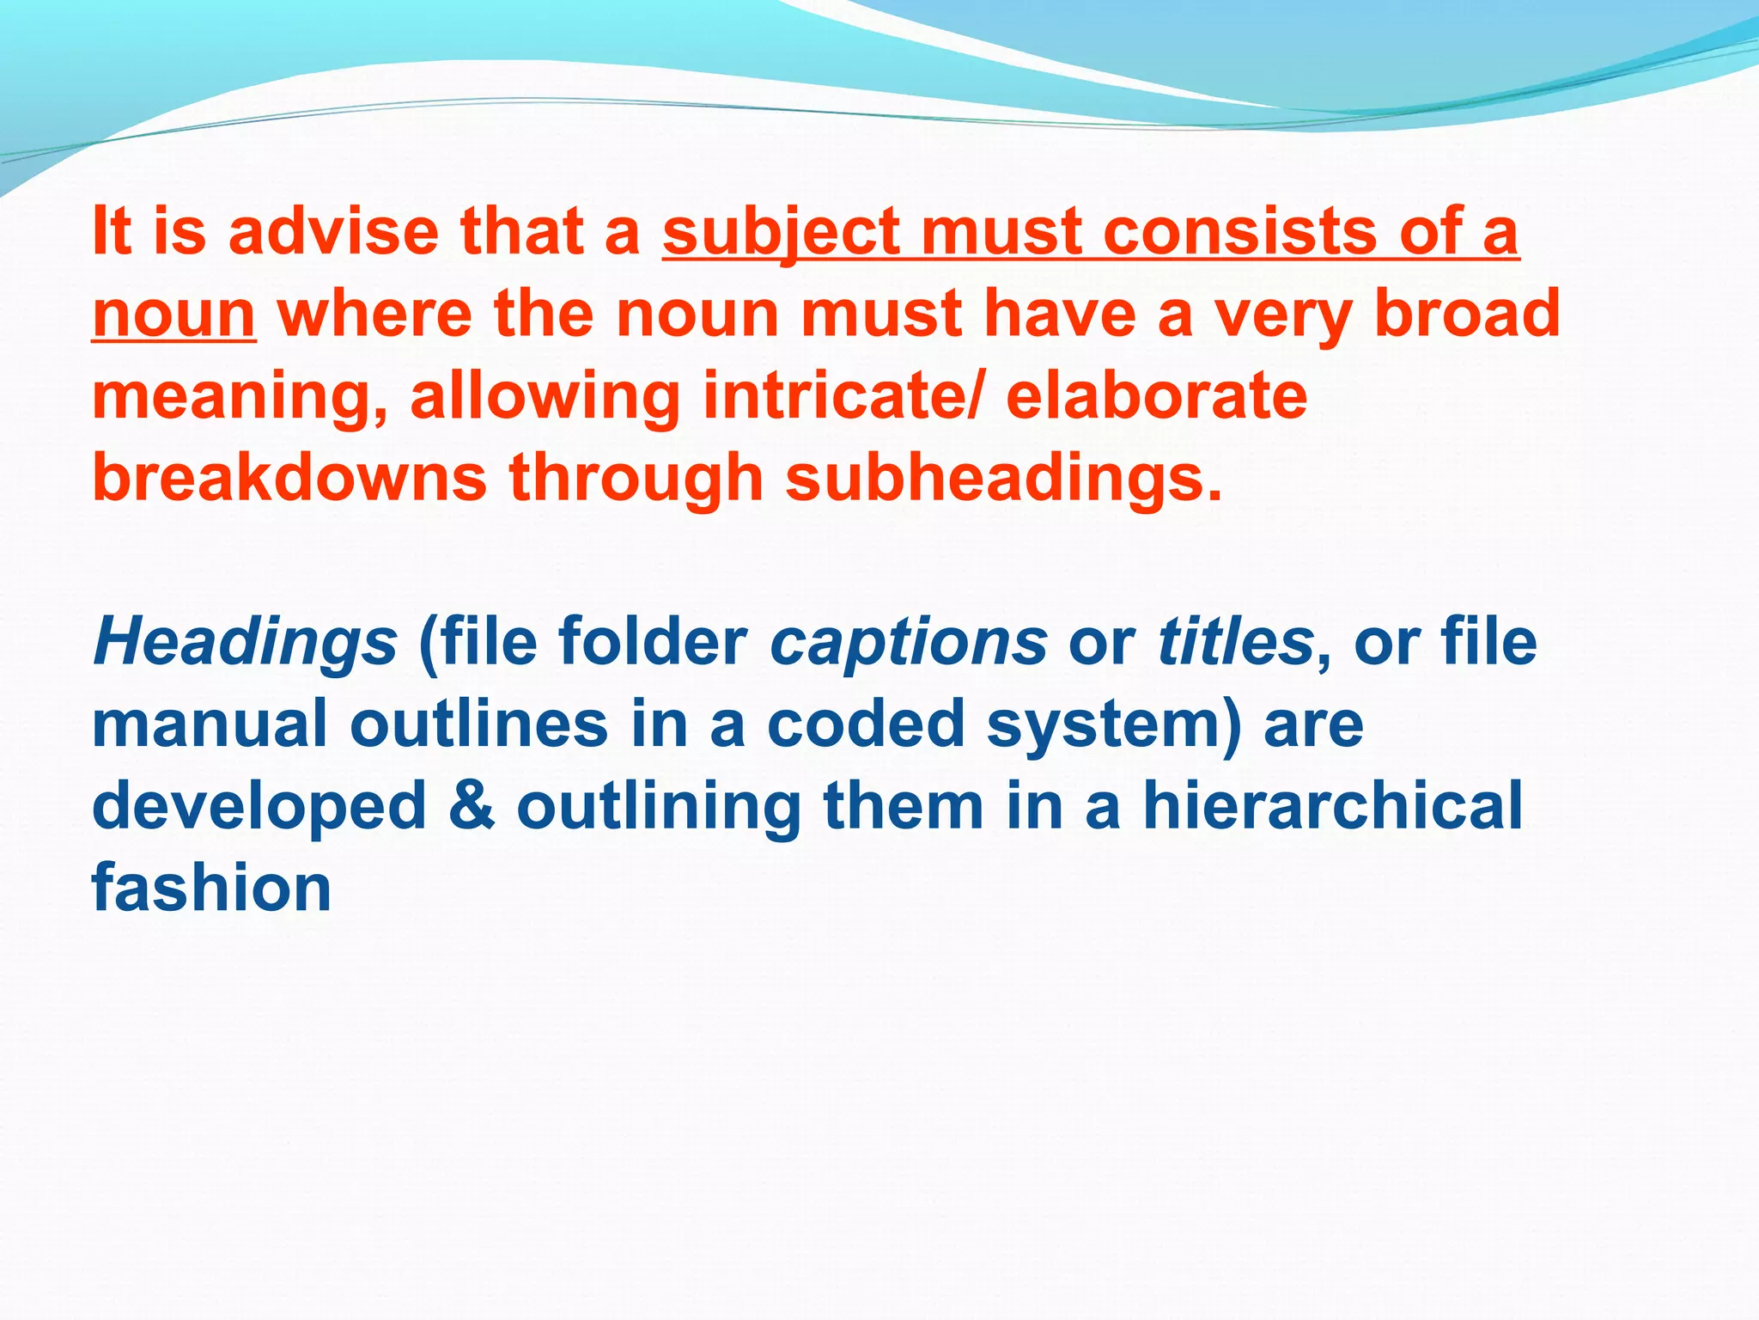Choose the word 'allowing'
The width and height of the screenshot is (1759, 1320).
tap(545, 397)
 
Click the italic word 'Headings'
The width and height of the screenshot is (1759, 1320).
tap(245, 643)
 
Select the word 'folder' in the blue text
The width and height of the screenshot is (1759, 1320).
tap(653, 641)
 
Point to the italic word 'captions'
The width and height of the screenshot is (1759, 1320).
tap(909, 643)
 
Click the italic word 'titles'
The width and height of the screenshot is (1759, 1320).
tap(1235, 641)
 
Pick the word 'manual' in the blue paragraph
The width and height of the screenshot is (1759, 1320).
tap(210, 724)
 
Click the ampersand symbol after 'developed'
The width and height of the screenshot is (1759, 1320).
tap(472, 805)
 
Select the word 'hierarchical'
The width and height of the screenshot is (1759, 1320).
tap(1332, 805)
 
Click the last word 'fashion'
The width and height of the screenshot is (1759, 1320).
tap(211, 888)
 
